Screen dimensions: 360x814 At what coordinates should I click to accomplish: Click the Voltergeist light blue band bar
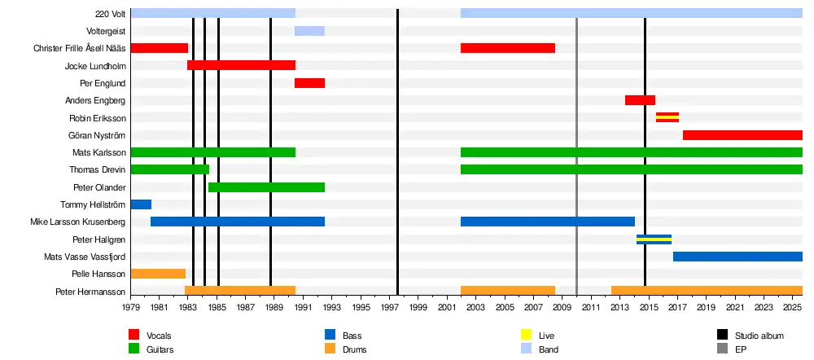pyautogui.click(x=309, y=31)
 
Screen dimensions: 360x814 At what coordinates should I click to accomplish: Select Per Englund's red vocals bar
pyautogui.click(x=309, y=83)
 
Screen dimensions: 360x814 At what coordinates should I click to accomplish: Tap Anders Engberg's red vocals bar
pyautogui.click(x=640, y=100)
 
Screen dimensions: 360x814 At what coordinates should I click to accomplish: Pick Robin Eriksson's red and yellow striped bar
pyautogui.click(x=667, y=117)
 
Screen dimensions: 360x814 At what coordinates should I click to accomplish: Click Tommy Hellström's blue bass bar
pyautogui.click(x=141, y=204)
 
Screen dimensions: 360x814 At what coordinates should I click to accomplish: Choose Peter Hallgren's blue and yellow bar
pyautogui.click(x=654, y=239)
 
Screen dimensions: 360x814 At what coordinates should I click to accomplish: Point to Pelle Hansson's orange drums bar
pyautogui.click(x=158, y=274)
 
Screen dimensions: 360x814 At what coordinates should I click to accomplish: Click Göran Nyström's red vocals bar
pyautogui.click(x=742, y=135)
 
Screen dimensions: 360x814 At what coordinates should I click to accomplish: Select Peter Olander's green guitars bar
pyautogui.click(x=266, y=187)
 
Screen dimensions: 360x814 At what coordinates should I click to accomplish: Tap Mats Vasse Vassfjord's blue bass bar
pyautogui.click(x=737, y=257)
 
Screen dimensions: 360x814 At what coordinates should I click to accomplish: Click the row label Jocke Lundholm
pyautogui.click(x=95, y=66)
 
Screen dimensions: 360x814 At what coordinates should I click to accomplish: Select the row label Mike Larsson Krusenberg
pyautogui.click(x=78, y=222)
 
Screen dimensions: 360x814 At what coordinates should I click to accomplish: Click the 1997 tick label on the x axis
pyautogui.click(x=390, y=308)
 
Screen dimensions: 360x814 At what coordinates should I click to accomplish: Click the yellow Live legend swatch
pyautogui.click(x=526, y=335)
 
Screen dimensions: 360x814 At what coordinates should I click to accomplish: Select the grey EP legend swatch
pyautogui.click(x=722, y=349)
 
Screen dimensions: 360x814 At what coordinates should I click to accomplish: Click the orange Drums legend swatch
pyautogui.click(x=330, y=349)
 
